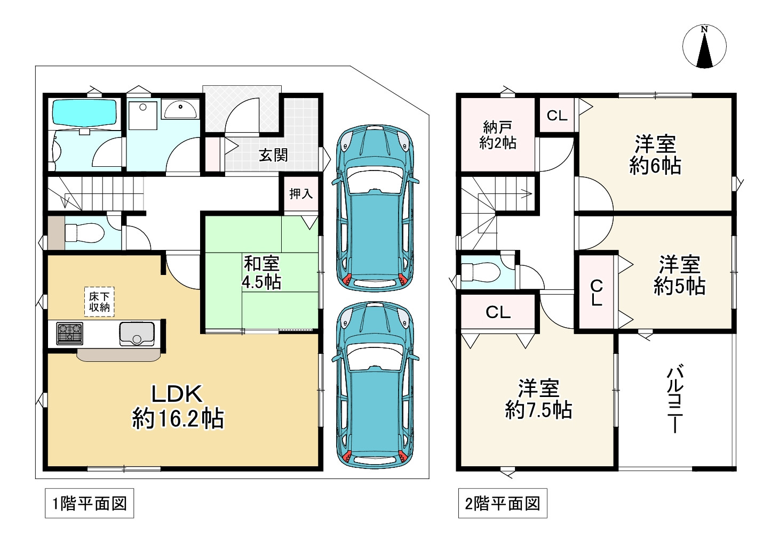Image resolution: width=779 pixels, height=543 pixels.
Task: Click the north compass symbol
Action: pyautogui.click(x=704, y=46)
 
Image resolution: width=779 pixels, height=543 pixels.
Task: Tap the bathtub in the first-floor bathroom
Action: pyautogui.click(x=84, y=114)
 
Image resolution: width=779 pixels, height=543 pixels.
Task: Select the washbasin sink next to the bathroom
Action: pyautogui.click(x=180, y=109)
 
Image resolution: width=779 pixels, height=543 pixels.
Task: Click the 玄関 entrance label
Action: pyautogui.click(x=273, y=155)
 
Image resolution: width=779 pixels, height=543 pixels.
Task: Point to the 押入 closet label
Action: pyautogui.click(x=301, y=193)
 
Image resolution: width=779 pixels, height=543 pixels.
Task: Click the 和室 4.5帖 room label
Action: pyautogui.click(x=261, y=272)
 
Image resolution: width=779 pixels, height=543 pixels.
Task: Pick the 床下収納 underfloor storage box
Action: pyautogui.click(x=99, y=302)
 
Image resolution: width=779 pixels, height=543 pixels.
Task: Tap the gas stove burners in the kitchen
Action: pyautogui.click(x=69, y=334)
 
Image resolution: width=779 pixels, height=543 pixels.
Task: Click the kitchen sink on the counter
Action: pyautogui.click(x=137, y=334)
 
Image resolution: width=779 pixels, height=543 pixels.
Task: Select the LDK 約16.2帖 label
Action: pyautogui.click(x=178, y=407)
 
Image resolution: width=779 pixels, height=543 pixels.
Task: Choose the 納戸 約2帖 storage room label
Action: pyautogui.click(x=498, y=135)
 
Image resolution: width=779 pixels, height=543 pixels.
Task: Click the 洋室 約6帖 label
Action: pyautogui.click(x=655, y=155)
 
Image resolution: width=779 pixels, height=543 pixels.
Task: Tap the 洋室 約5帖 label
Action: pyautogui.click(x=680, y=275)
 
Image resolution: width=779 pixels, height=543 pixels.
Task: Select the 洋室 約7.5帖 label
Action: pyautogui.click(x=538, y=399)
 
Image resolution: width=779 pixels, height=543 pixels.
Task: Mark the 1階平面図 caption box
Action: pyautogui.click(x=90, y=504)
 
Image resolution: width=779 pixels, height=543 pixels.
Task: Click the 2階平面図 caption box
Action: pyautogui.click(x=503, y=504)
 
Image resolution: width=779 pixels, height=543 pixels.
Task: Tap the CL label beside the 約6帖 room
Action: pyautogui.click(x=557, y=116)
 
